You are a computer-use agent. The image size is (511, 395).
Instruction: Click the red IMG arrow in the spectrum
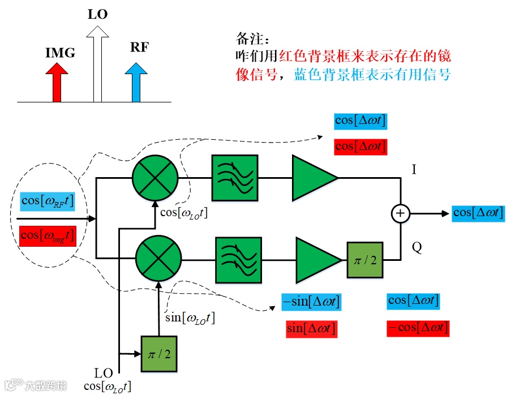57,83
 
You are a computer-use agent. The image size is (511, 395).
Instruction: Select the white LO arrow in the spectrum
98,64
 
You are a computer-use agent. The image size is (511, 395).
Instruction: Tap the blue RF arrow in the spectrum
136,83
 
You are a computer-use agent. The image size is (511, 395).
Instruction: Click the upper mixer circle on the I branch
155,178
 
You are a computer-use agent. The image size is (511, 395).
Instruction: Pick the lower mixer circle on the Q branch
158,259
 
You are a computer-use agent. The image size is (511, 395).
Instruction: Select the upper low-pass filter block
235,178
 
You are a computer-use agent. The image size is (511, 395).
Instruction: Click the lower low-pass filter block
239,260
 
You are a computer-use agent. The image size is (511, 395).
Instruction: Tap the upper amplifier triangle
315,178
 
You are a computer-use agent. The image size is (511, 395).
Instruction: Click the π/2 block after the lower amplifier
365,260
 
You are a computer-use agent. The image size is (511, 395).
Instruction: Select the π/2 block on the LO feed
159,354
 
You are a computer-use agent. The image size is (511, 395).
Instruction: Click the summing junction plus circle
401,213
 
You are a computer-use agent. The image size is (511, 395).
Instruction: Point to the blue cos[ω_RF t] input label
48,201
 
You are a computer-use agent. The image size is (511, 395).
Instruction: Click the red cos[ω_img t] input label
48,236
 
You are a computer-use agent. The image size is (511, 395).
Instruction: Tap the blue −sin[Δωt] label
312,302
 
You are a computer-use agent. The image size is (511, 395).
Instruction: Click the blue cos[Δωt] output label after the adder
478,213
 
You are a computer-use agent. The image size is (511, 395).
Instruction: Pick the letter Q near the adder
417,247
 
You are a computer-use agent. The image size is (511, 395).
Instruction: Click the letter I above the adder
414,169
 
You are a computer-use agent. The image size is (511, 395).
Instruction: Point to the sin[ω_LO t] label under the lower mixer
190,318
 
